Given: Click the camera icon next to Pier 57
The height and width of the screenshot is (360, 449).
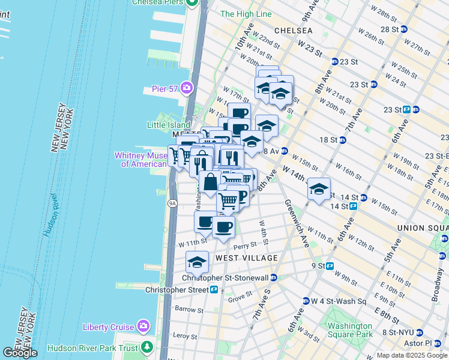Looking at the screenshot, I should click(x=186, y=89).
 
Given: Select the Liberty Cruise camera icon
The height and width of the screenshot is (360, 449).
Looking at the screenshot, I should click(x=143, y=326).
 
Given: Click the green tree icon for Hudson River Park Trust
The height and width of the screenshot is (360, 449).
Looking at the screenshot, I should click(x=147, y=347).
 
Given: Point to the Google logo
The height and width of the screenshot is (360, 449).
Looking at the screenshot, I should click(x=20, y=352).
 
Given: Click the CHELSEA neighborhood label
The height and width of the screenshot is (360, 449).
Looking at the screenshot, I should click(x=293, y=30).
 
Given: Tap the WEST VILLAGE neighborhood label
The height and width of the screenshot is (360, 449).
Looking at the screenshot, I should click(x=246, y=258).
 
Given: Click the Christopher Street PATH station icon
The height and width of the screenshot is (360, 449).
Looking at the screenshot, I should click(x=214, y=289).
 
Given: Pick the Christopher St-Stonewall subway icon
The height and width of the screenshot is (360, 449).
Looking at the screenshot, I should click(x=273, y=278).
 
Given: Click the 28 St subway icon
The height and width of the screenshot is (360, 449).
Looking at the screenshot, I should click(x=404, y=29).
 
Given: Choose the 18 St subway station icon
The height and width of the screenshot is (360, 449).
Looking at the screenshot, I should click(x=342, y=140).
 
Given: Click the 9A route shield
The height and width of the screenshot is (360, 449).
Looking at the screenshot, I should click(x=173, y=204).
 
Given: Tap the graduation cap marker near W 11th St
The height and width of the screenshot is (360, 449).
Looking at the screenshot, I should click(x=196, y=262).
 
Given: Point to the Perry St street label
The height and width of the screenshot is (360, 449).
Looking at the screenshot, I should click(x=245, y=245).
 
